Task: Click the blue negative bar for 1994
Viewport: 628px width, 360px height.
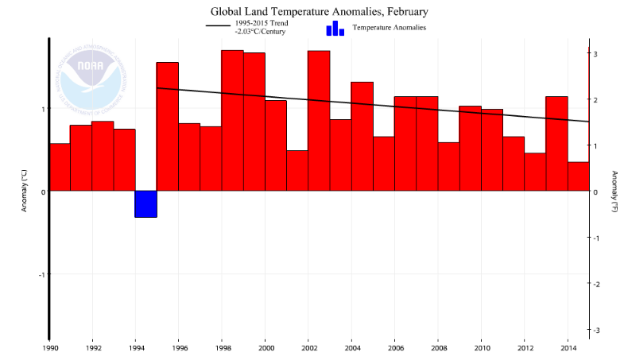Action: (145, 203)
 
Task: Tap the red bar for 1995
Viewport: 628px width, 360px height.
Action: (167, 126)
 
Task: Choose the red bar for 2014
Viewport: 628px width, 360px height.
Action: (578, 176)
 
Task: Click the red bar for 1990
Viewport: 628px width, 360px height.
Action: (60, 167)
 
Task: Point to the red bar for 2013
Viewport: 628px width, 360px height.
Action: (556, 144)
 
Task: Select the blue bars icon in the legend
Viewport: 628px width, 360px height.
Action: (335, 28)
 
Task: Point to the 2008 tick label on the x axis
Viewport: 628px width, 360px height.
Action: (438, 347)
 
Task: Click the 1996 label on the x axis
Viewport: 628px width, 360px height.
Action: (179, 347)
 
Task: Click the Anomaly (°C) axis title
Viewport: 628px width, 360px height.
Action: (25, 192)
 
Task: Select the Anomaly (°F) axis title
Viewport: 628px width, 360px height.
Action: (614, 192)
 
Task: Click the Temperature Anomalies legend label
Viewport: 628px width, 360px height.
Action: (390, 28)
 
